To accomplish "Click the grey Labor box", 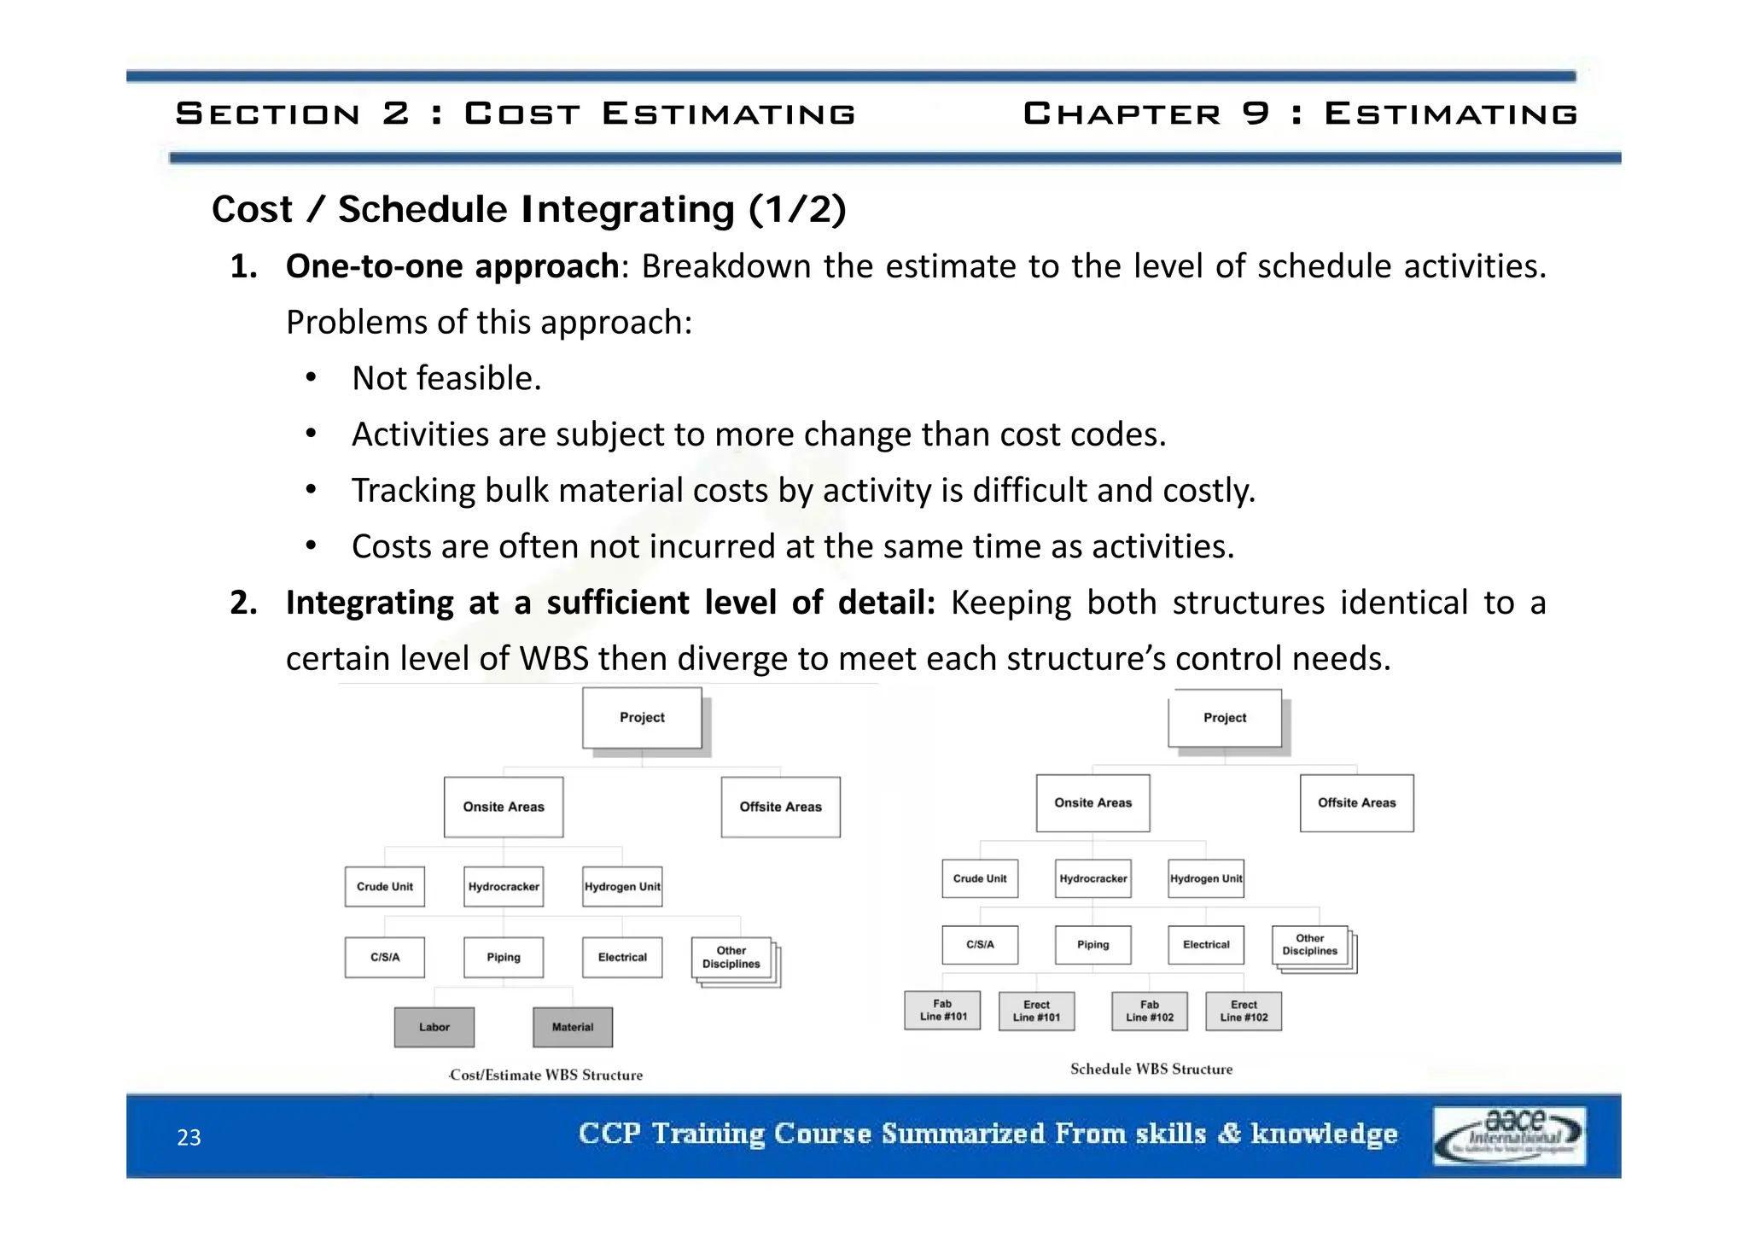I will [434, 1027].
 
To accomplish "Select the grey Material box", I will [572, 1027].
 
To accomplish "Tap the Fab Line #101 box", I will [942, 1010].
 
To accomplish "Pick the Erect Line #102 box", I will [1244, 1011].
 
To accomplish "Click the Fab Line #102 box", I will [1149, 1011].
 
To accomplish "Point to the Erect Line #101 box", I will [1036, 1011].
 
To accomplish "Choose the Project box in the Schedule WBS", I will [1225, 718].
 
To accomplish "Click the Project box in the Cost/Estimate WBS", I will [642, 718].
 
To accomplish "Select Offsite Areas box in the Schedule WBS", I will [1356, 802].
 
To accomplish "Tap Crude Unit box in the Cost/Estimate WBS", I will [384, 886].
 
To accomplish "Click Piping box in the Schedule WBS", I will [1092, 944].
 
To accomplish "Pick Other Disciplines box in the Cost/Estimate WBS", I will [731, 958].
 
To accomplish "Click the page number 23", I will [189, 1137].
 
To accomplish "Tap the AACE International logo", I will [1509, 1135].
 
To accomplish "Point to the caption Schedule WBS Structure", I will [1151, 1069].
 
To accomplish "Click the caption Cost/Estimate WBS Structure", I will [546, 1075].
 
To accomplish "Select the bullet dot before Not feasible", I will [312, 378].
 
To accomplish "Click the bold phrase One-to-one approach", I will [452, 266].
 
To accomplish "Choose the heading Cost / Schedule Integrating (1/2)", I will [528, 210].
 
